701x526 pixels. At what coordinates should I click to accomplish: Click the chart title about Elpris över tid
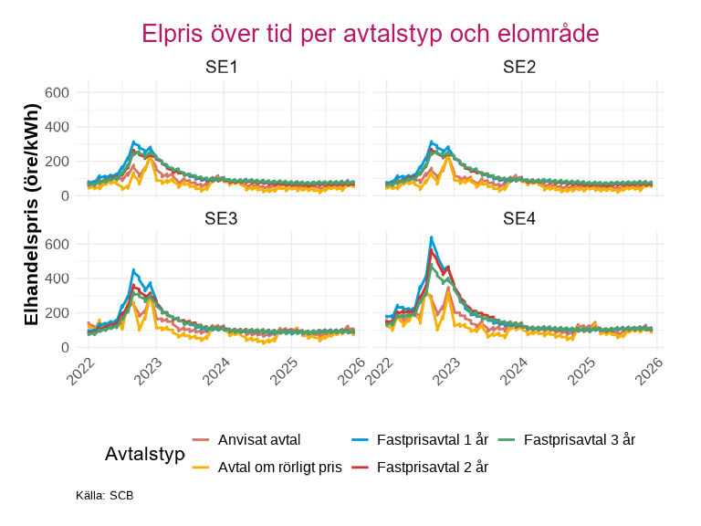tap(370, 34)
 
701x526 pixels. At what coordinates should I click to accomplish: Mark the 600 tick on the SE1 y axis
tap(58, 92)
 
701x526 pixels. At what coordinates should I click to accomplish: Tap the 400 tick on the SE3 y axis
tap(58, 279)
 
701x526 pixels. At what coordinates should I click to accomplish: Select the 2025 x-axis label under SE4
tap(581, 370)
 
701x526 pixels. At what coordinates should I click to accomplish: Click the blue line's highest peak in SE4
tap(431, 237)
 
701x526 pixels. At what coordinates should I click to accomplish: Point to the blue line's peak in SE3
tap(133, 269)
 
